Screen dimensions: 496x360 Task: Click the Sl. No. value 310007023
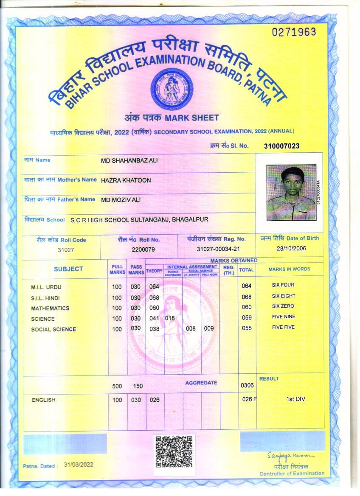tap(281, 146)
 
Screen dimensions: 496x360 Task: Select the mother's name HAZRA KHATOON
tap(126, 180)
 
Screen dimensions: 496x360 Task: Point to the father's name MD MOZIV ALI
tap(121, 199)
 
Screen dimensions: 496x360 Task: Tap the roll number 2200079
tap(143, 249)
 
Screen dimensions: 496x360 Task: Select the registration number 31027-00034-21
tap(219, 249)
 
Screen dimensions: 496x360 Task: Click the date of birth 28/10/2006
tap(291, 249)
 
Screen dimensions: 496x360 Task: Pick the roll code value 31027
tap(66, 250)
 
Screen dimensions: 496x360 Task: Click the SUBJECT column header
tap(68, 269)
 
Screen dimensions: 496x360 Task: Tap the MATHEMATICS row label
tap(50, 308)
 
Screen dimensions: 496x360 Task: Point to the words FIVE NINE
tap(283, 317)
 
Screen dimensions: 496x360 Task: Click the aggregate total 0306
tap(247, 386)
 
